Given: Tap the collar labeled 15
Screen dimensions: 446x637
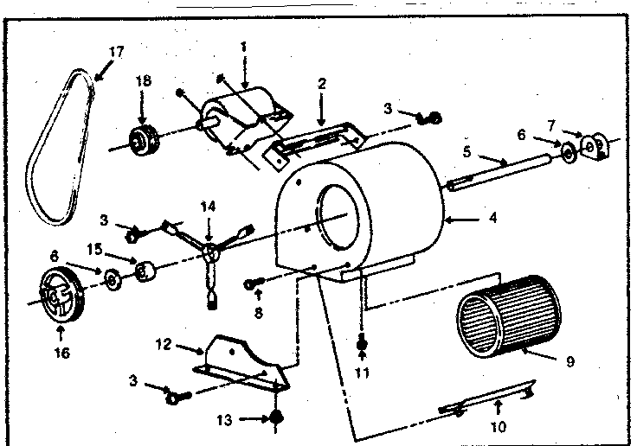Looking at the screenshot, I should click(145, 273).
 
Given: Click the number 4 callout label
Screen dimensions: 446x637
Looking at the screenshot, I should click(492, 219).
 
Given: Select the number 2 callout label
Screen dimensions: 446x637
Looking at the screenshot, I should click(321, 84).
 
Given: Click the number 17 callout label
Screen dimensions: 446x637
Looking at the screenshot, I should click(116, 52).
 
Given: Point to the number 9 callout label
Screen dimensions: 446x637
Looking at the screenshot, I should click(570, 363).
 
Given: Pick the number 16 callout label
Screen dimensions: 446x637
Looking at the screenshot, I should click(61, 353).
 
